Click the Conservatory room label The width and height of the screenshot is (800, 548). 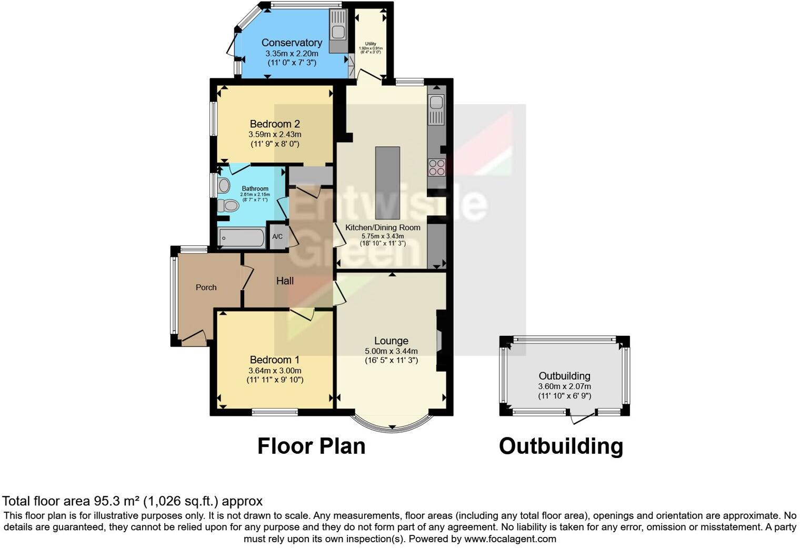coord(292,43)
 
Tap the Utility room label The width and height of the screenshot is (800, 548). coord(371,44)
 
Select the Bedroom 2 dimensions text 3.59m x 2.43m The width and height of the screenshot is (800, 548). coord(275,134)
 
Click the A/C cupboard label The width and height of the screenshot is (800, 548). coord(277,237)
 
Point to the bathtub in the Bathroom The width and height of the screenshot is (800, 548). coord(241,238)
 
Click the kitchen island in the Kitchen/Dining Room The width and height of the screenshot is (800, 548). coord(387,183)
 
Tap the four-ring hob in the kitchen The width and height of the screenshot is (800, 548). coord(437,167)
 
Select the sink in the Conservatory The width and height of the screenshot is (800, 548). coord(338,32)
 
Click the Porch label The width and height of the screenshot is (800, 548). coord(206,287)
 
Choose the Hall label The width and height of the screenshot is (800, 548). coord(285,281)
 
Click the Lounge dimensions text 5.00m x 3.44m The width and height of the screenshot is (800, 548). coord(391,351)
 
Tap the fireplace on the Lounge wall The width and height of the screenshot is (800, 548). coord(441,340)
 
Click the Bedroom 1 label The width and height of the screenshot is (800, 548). coord(275,360)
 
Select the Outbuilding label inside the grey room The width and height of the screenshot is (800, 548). coord(564,376)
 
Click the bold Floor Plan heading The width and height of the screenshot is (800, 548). coord(311,446)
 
